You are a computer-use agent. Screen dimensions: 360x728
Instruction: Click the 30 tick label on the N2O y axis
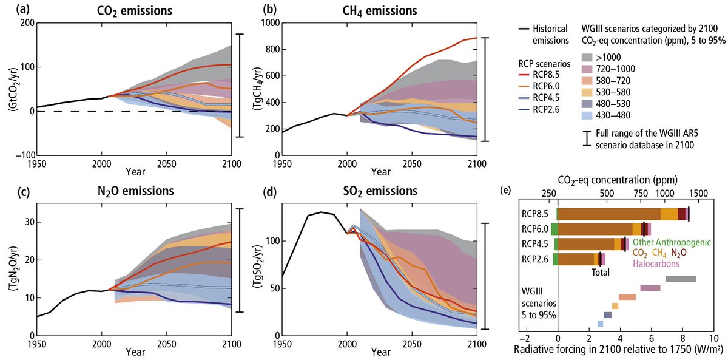27,222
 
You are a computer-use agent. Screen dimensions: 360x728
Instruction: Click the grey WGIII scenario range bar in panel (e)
681,279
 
